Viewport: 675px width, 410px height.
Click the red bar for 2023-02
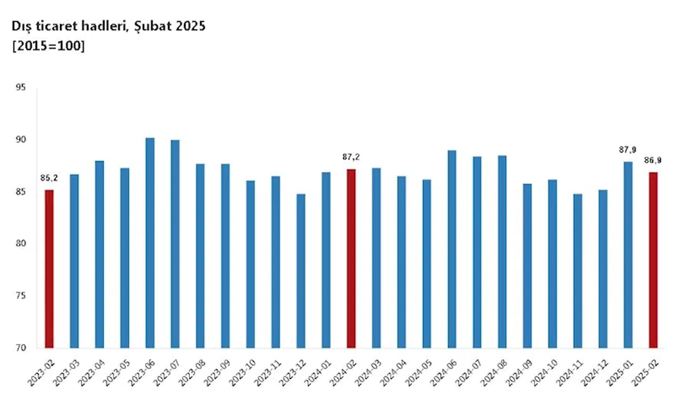coord(49,269)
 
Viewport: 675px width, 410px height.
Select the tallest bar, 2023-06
coord(150,242)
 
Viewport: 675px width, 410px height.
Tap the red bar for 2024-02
coord(351,258)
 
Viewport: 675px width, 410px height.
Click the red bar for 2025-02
coord(653,260)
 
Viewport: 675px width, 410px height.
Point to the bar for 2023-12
coord(301,271)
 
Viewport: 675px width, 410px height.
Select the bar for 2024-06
coord(452,249)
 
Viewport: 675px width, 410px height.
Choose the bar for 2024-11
coord(577,271)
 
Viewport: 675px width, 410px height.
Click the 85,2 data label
coord(49,178)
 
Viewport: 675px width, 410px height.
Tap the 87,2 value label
coord(351,157)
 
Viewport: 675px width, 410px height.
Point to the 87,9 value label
coord(628,150)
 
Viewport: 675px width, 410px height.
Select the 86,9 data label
coord(653,161)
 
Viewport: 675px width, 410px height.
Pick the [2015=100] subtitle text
coord(49,45)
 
